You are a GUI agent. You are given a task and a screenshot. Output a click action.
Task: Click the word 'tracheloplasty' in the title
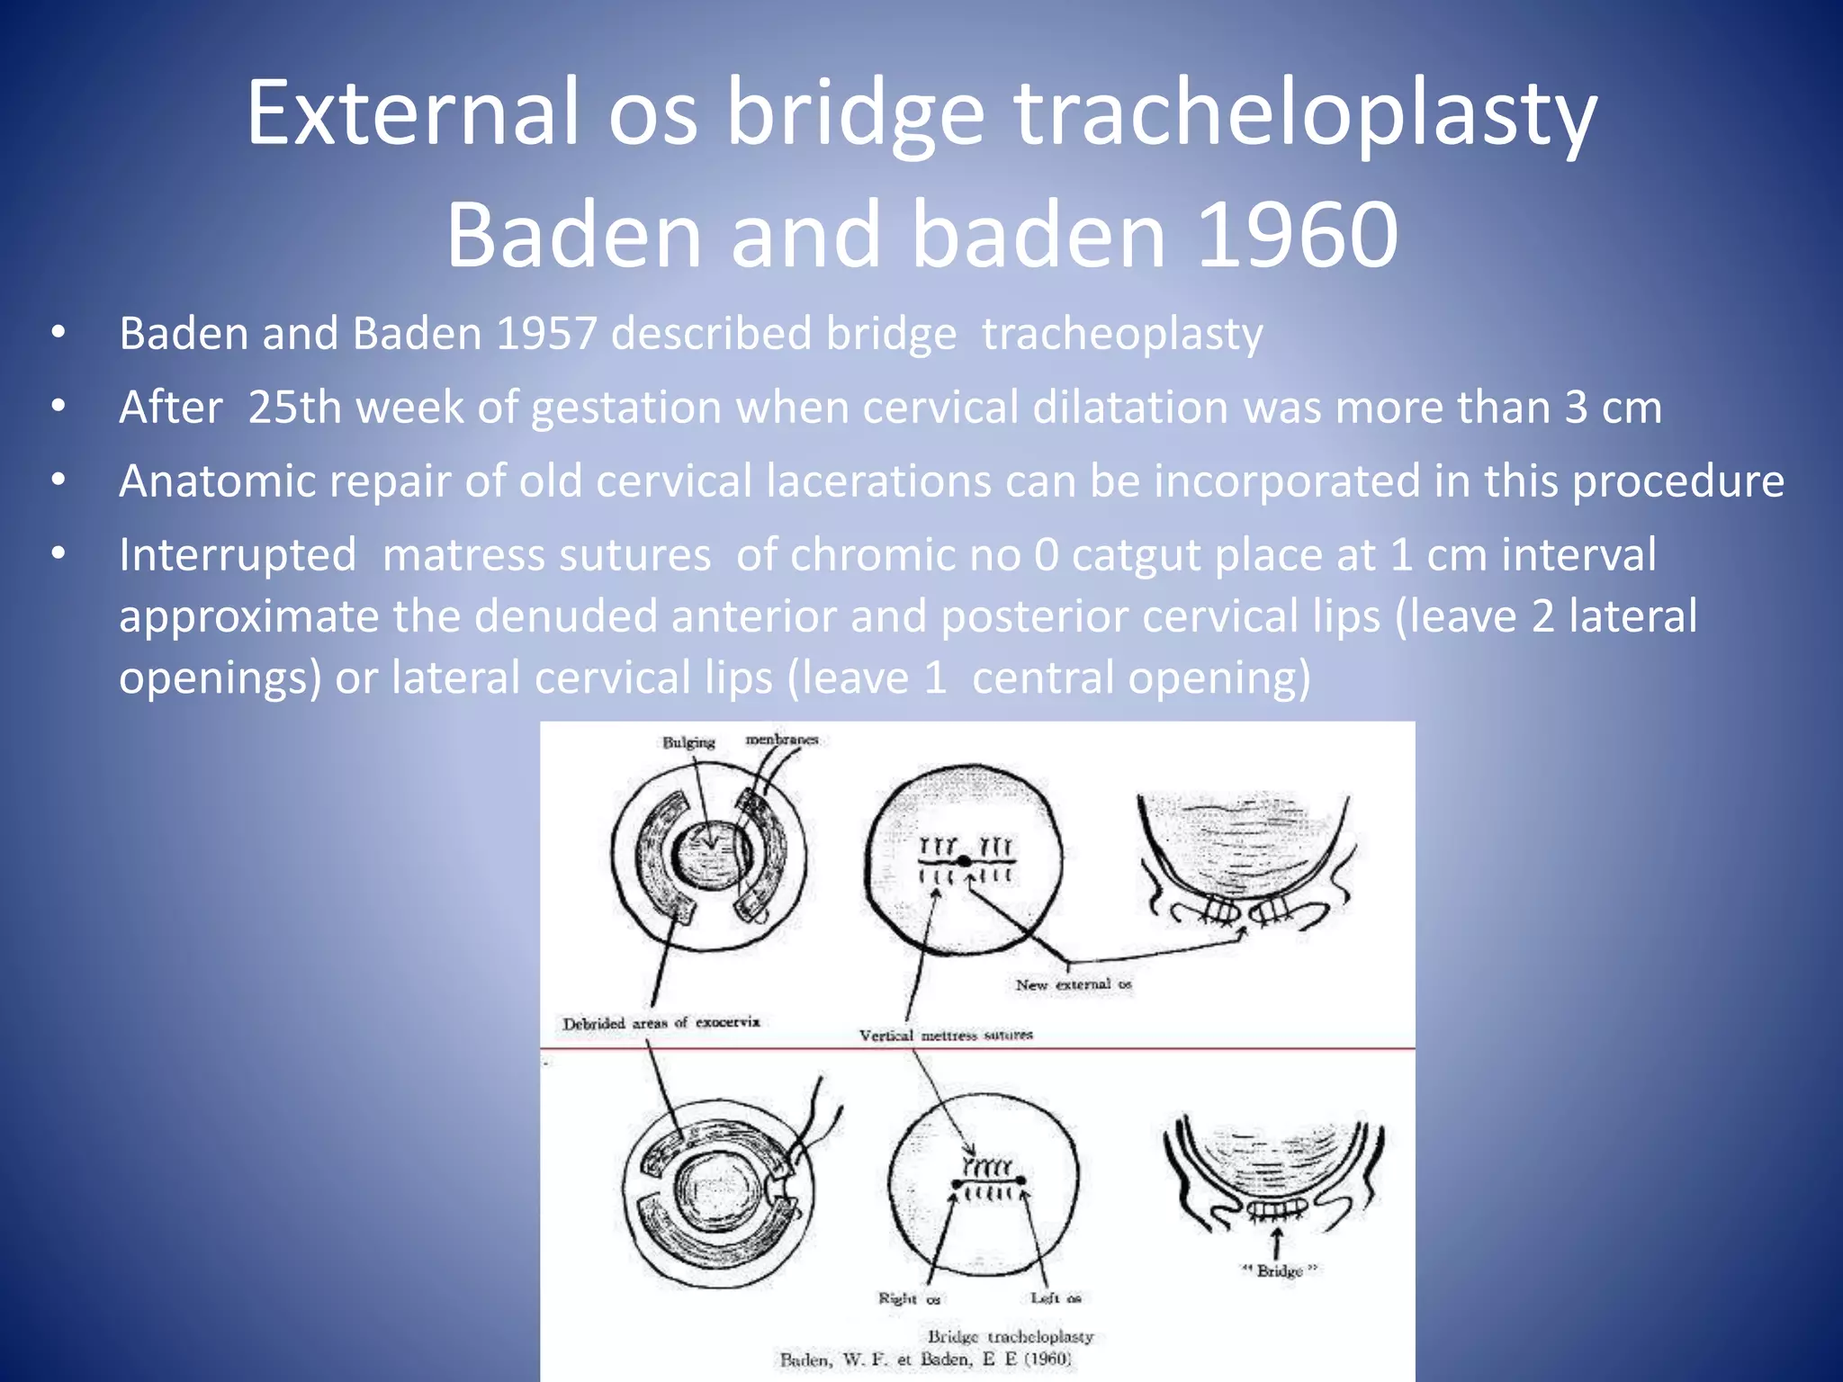[1305, 115]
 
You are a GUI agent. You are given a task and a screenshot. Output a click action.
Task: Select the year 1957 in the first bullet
[546, 334]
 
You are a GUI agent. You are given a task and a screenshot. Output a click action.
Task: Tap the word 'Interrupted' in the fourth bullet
[238, 555]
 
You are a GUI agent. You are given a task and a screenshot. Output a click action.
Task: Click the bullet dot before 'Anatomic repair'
[58, 480]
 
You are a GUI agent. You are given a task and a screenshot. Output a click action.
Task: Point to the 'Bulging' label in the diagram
[688, 742]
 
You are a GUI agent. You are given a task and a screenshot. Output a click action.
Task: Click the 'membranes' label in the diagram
[782, 739]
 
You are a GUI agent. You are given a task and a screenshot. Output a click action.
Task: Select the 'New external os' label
[1073, 984]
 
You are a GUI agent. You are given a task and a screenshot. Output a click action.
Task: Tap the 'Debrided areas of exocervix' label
[661, 1023]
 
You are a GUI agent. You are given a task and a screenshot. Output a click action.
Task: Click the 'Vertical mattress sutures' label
[945, 1036]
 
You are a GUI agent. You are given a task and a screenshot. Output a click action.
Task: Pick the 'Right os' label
[909, 1298]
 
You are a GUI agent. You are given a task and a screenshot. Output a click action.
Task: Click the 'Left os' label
[1056, 1297]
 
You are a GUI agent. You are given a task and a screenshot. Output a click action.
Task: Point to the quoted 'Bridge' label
[1279, 1270]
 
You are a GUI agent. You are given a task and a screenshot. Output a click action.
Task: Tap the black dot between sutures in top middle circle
[965, 861]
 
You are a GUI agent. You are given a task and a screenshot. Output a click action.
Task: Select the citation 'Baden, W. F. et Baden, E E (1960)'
[925, 1360]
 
